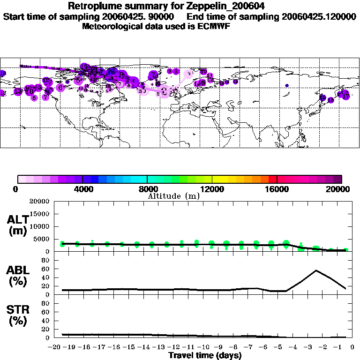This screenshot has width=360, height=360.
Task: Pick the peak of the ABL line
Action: (316, 270)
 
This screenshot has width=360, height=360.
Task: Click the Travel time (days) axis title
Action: (205, 355)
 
